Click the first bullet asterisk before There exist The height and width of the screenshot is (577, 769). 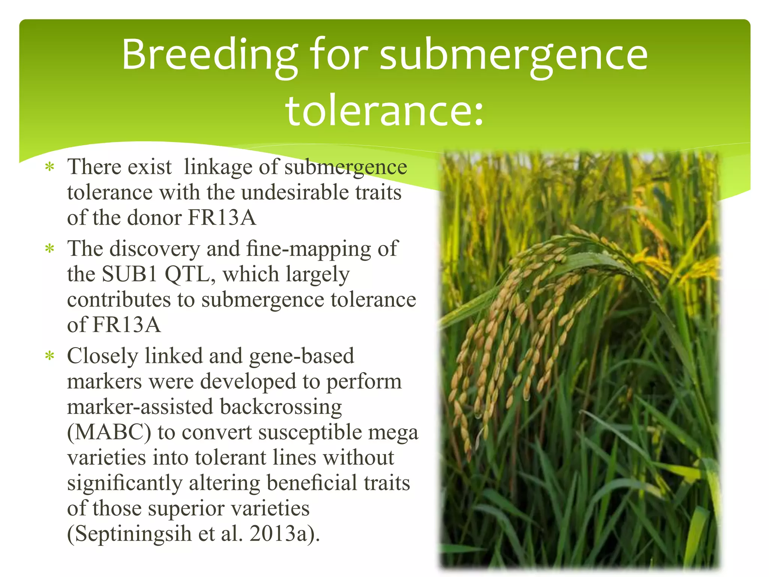pos(50,167)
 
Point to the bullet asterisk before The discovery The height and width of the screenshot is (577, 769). pos(50,249)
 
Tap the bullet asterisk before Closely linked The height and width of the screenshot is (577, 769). pos(50,356)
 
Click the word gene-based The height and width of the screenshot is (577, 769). pos(302,356)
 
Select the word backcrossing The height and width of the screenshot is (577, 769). pos(281,407)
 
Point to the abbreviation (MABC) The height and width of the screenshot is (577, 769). pos(109,432)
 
